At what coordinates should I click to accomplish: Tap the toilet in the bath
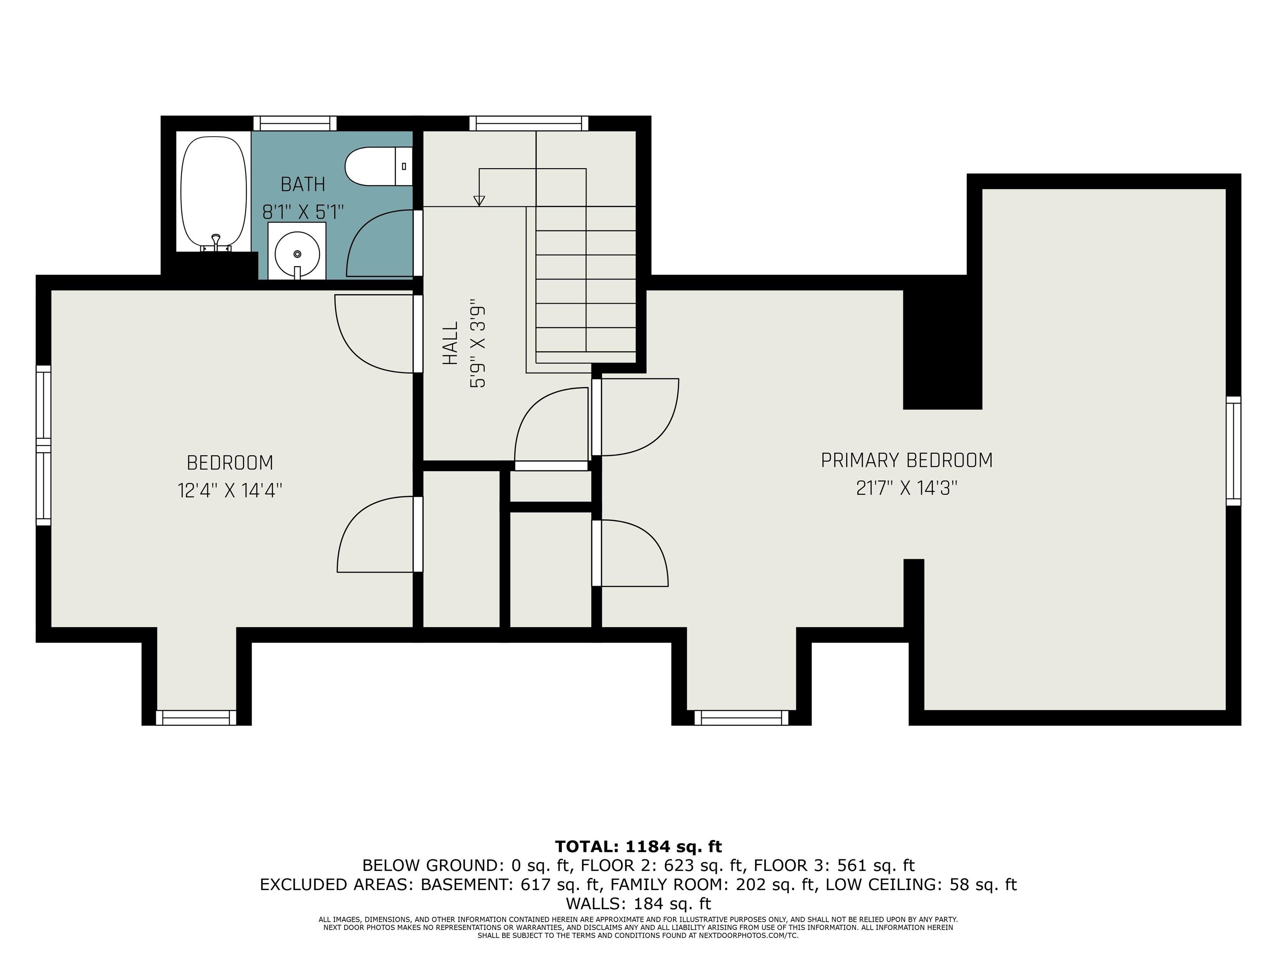coord(375,166)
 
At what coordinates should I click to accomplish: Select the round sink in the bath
coord(297,253)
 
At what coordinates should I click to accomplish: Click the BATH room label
coord(303,184)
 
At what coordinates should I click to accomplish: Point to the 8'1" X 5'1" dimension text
coord(303,212)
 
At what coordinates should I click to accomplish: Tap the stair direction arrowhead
coord(478,201)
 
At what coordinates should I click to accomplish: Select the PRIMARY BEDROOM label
coord(906,460)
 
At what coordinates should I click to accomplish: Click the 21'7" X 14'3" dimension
coord(906,488)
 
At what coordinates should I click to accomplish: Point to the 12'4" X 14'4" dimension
coord(230,491)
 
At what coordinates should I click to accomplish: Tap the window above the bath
coord(295,123)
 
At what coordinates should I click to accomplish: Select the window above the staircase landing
coord(528,123)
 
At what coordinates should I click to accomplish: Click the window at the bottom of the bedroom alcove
coord(196,718)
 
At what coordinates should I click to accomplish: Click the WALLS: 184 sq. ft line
coord(638,903)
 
